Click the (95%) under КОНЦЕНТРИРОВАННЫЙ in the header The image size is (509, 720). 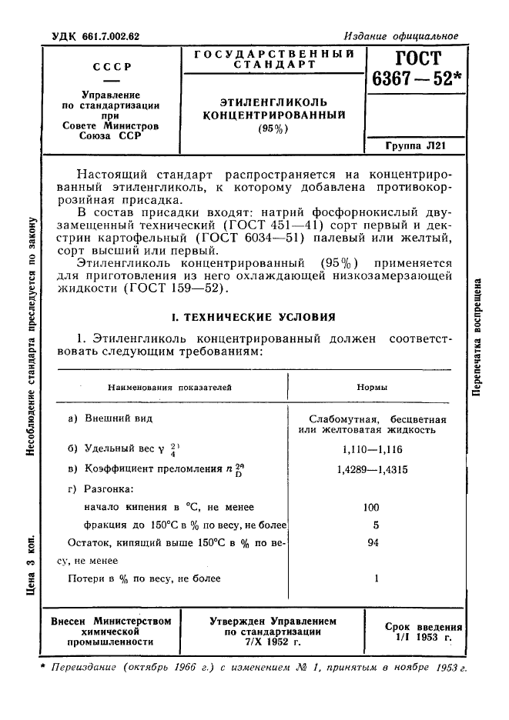point(273,128)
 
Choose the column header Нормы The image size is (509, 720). point(372,388)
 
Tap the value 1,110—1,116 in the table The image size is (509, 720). point(372,449)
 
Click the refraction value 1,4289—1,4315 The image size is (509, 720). point(372,468)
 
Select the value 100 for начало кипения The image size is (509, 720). point(372,507)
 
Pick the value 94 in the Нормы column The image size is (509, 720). point(372,542)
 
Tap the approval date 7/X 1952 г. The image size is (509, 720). point(273,641)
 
